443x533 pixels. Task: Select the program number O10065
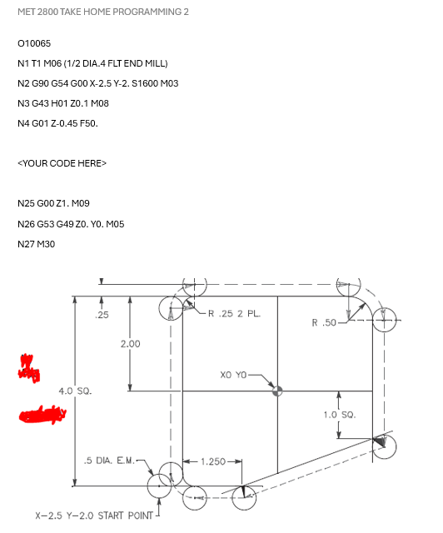[34, 42]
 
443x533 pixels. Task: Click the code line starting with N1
[92, 63]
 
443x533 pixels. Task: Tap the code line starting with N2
[97, 83]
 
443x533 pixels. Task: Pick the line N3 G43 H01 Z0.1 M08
[63, 103]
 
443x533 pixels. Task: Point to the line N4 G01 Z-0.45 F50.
[57, 123]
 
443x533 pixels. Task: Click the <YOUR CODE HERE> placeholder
[62, 163]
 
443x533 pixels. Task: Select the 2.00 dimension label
[131, 344]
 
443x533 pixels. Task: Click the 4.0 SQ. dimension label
[75, 391]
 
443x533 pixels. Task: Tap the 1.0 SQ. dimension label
[339, 413]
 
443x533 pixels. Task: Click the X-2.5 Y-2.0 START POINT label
[95, 516]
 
